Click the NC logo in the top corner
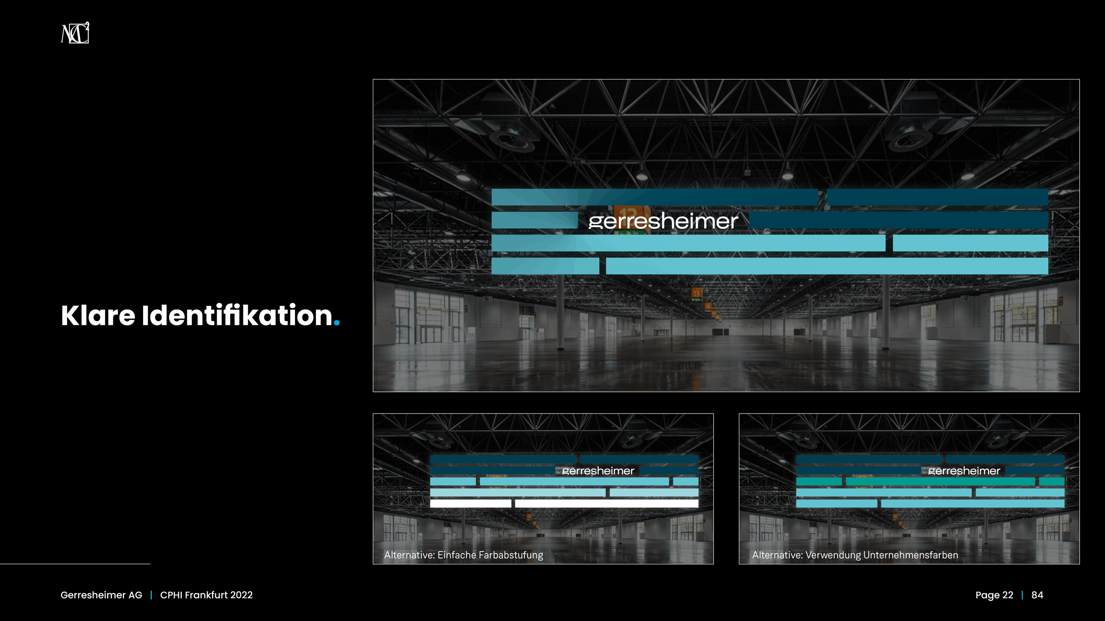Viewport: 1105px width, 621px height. tap(75, 33)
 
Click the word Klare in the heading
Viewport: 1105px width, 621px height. tap(98, 316)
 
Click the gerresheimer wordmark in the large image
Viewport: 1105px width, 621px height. tap(663, 221)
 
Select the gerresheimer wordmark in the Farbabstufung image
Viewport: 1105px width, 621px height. tap(598, 471)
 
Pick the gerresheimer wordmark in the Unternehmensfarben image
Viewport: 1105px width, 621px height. tap(964, 471)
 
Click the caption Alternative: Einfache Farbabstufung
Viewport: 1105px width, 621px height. tap(464, 555)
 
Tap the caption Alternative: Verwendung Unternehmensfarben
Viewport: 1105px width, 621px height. tap(855, 555)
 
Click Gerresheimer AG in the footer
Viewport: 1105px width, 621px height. tap(101, 595)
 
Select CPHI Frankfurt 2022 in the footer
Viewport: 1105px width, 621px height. tap(206, 595)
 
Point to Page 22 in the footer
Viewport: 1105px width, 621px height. tap(994, 595)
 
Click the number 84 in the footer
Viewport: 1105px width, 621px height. tap(1037, 595)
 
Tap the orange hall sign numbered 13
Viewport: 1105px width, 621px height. tap(697, 293)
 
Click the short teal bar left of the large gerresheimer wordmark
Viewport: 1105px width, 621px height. tap(535, 220)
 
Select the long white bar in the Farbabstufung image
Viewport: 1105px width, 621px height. tap(606, 503)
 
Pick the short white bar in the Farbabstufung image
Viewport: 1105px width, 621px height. tap(471, 503)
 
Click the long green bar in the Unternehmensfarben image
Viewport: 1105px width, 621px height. tap(940, 481)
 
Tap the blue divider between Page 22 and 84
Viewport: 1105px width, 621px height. tap(1022, 595)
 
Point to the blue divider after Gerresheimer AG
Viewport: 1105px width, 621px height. tap(151, 595)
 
